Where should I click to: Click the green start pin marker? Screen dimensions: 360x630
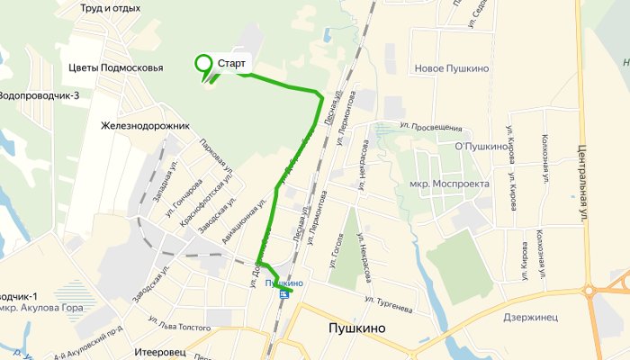[x=203, y=64]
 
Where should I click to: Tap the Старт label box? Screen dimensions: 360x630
[x=232, y=64]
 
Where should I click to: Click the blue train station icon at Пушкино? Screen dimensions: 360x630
[x=284, y=293]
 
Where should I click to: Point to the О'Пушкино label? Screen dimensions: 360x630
[x=482, y=147]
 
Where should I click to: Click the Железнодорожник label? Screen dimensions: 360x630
[x=146, y=126]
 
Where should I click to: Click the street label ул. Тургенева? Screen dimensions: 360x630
[x=389, y=304]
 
